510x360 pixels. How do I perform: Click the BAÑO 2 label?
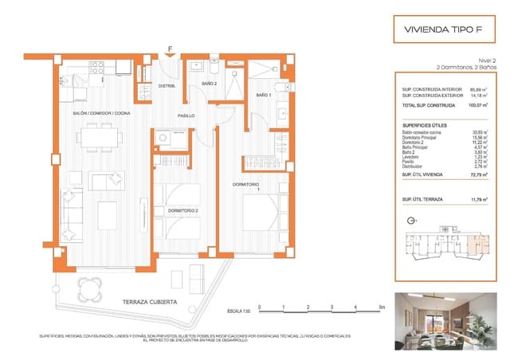click(x=209, y=84)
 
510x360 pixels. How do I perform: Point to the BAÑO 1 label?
click(x=262, y=95)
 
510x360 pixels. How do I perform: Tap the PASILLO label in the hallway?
click(x=186, y=116)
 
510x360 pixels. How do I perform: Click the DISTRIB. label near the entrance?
click(x=167, y=85)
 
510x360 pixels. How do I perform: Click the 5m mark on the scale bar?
click(x=381, y=307)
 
